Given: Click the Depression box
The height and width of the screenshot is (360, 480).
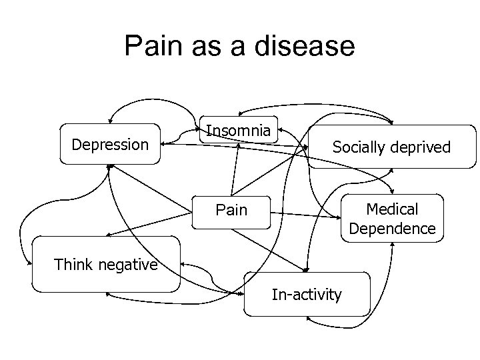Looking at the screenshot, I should pos(110,144).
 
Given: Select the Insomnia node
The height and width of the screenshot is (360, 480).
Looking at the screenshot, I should pos(238,131).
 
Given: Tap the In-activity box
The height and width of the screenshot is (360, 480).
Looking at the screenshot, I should pos(306,294).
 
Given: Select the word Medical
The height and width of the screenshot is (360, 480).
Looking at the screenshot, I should pos(393,209).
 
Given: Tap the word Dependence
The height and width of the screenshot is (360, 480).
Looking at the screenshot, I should pos(393,229).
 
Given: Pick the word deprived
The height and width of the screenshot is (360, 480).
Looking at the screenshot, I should pos(421,147).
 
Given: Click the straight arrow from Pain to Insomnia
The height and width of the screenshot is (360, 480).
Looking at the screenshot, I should pos(234,171).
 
